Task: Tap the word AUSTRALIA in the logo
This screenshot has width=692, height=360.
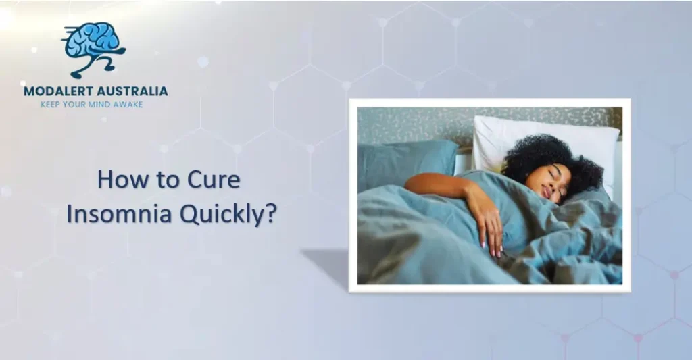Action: (132, 91)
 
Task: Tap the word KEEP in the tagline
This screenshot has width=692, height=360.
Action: (52, 105)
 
